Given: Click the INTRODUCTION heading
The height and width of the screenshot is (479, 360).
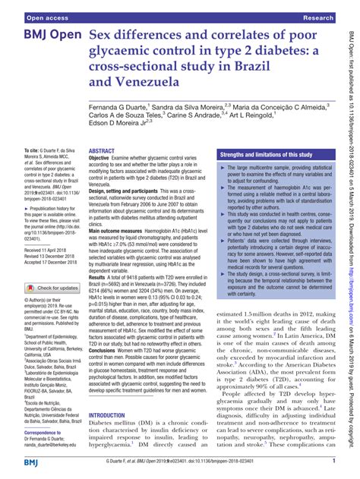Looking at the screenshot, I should coord(115,416).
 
